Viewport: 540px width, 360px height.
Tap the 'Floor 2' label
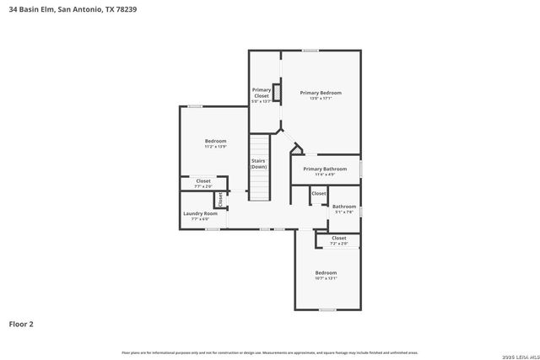coord(21,323)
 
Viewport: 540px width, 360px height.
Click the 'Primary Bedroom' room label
coord(321,93)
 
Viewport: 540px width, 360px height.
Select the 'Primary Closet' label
coord(262,94)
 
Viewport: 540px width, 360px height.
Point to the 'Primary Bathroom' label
coord(325,169)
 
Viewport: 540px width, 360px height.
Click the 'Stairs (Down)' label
coord(258,164)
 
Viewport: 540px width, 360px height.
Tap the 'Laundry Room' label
coord(201,214)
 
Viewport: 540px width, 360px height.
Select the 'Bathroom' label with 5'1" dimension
coord(343,207)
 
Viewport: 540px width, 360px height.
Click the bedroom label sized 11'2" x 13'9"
coord(215,141)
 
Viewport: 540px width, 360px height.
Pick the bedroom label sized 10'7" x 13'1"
coord(326,273)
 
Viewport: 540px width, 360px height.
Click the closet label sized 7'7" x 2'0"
coord(203,181)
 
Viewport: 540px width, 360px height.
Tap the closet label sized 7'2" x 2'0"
coord(338,239)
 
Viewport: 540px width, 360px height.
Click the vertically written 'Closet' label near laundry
coord(220,200)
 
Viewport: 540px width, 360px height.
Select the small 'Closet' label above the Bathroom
coord(318,194)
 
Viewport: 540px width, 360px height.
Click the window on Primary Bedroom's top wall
coord(310,51)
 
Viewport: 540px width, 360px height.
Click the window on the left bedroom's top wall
coord(195,106)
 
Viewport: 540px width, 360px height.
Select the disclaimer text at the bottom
coord(269,352)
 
